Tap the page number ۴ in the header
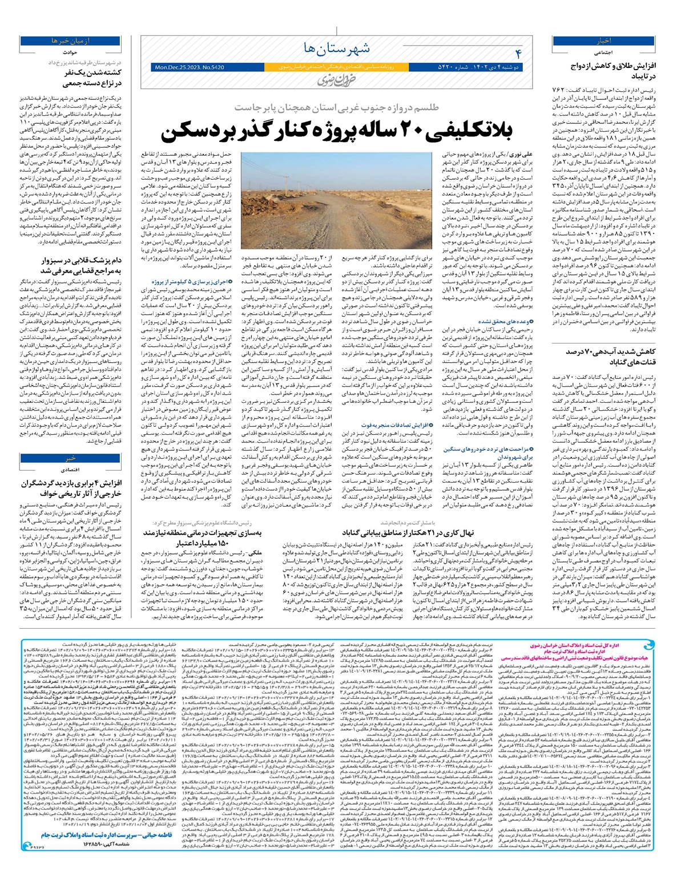(518, 54)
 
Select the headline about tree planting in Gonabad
(408, 532)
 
